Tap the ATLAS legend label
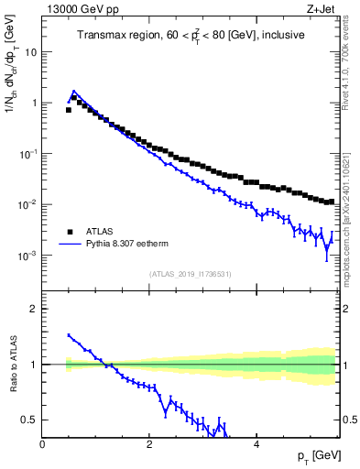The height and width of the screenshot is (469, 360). pos(101,232)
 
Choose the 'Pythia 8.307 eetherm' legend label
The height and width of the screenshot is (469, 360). pos(136,245)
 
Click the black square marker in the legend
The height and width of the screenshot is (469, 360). pos(68,232)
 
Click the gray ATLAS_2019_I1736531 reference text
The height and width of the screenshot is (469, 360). pos(191,274)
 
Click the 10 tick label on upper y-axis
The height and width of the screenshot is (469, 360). pos(30,52)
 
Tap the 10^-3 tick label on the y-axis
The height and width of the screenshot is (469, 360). pos(28,256)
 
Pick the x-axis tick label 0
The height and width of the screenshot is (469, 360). pos(42,444)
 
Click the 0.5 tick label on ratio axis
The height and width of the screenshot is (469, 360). pos(30,420)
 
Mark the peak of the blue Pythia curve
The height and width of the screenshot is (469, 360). pos(74,92)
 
